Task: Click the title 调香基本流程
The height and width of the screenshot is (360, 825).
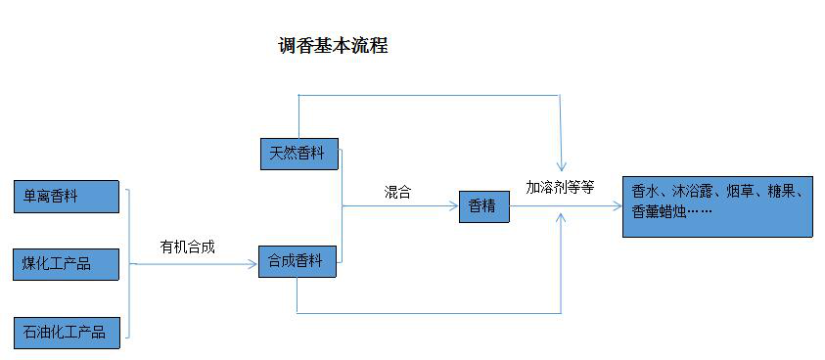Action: [333, 46]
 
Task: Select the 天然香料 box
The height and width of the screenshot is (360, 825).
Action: [298, 153]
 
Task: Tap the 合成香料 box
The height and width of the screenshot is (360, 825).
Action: [298, 260]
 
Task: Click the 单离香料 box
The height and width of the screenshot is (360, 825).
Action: [67, 197]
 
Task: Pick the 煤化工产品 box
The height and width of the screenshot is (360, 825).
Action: [67, 264]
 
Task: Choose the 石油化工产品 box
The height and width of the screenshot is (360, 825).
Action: [67, 332]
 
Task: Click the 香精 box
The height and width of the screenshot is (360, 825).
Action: [483, 206]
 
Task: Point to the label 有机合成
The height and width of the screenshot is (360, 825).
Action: [188, 247]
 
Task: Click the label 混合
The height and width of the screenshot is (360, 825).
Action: [397, 193]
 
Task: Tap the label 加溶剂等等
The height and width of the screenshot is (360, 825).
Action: [560, 186]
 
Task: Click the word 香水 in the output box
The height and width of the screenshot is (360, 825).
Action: [645, 192]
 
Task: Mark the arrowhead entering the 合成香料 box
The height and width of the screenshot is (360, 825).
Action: [253, 261]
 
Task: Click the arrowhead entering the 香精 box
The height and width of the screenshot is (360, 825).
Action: [454, 206]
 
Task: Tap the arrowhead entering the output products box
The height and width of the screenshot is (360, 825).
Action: [617, 206]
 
